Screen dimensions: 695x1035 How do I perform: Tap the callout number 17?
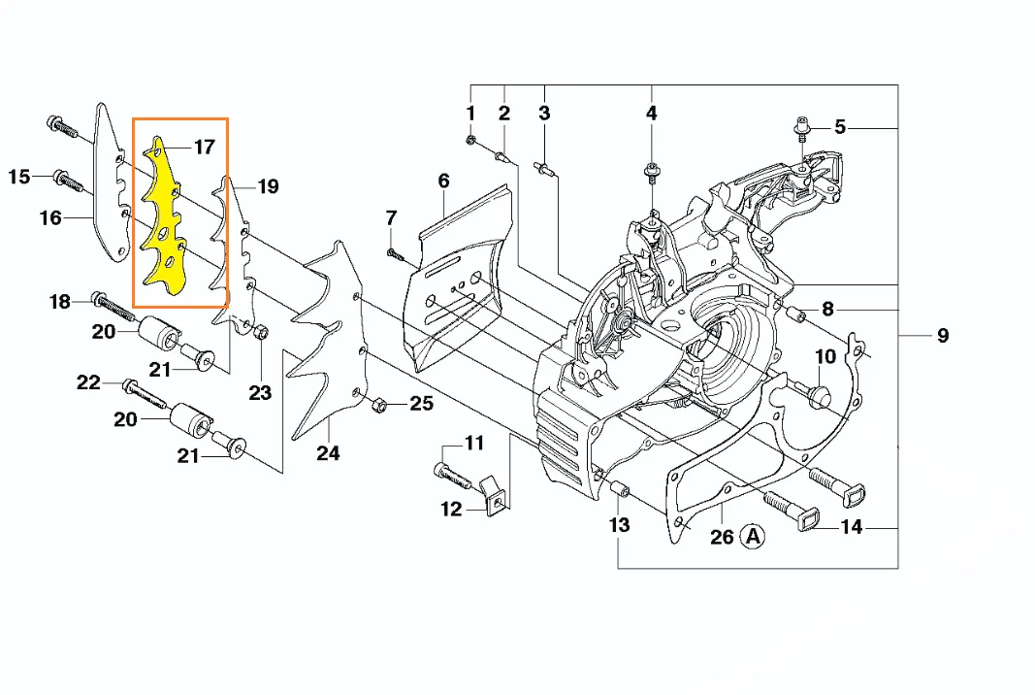tap(204, 148)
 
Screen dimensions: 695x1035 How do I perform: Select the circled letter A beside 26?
tap(753, 535)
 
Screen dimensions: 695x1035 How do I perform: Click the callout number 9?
tap(942, 336)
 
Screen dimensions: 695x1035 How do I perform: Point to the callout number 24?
tap(328, 452)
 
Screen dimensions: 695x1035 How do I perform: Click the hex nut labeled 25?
tap(380, 403)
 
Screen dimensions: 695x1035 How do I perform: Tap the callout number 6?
tap(443, 181)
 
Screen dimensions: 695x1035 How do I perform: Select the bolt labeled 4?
tap(651, 175)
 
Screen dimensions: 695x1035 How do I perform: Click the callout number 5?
tap(840, 127)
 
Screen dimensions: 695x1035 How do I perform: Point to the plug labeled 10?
tap(818, 393)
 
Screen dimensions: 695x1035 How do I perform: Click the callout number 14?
tap(851, 528)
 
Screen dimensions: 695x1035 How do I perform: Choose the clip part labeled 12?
tap(493, 492)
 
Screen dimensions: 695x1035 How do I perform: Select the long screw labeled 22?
tap(146, 394)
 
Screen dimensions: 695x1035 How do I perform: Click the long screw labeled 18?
tap(116, 306)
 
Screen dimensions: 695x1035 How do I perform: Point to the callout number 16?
tap(50, 218)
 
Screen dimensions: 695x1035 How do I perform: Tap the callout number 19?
tap(268, 186)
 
